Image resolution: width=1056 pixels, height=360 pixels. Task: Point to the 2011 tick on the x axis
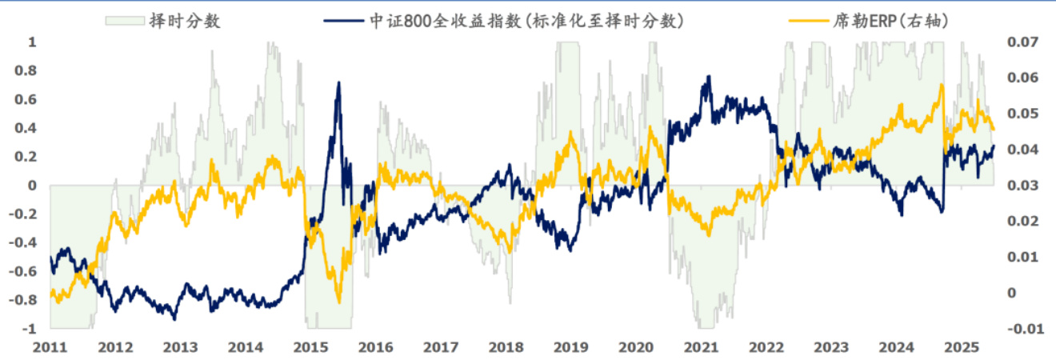50,348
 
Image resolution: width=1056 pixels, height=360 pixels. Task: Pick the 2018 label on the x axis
506,348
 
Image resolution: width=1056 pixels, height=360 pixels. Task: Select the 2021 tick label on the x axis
702,348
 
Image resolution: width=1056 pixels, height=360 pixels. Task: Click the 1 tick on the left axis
32,42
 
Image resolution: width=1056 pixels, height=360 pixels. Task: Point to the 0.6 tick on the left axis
27,99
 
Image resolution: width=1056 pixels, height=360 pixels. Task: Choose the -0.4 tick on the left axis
25,243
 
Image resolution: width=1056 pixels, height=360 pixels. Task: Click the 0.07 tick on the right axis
1021,42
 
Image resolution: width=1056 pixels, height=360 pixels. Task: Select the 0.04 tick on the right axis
1021,150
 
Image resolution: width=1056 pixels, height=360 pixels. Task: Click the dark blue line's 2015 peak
338,82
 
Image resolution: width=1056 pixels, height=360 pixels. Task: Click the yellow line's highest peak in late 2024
942,85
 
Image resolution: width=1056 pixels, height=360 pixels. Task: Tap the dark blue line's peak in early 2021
708,77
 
